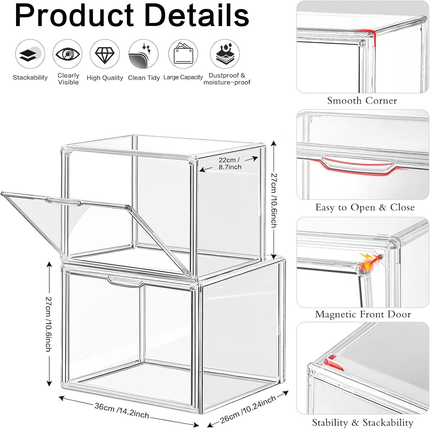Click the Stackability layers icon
click(x=30, y=54)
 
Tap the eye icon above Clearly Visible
click(x=67, y=54)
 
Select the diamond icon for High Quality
click(x=105, y=54)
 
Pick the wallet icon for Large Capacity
click(x=183, y=54)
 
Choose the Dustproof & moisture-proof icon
click(x=225, y=54)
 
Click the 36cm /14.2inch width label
click(x=122, y=410)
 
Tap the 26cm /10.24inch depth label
click(x=248, y=409)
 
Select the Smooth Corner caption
click(x=362, y=101)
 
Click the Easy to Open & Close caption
click(x=365, y=207)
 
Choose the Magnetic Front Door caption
click(x=363, y=314)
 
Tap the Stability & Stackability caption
click(x=363, y=422)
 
